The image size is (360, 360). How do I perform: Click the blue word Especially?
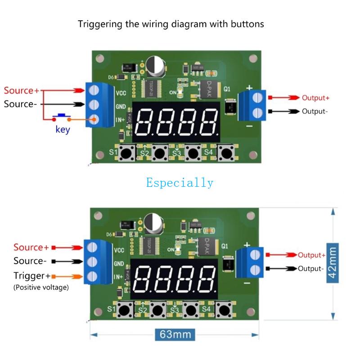pyautogui.click(x=180, y=182)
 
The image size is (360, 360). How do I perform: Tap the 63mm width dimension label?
pyautogui.click(x=175, y=334)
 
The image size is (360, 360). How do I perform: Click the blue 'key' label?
pyautogui.click(x=63, y=130)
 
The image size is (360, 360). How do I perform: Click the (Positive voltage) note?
pyautogui.click(x=41, y=287)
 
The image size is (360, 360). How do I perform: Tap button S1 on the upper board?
pyautogui.click(x=127, y=153)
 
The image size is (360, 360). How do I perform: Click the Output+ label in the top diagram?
pyautogui.click(x=315, y=98)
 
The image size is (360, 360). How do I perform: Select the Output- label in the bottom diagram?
pyautogui.click(x=310, y=269)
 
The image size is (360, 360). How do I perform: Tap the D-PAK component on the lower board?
pyautogui.click(x=205, y=246)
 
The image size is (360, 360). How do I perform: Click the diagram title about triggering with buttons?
pyautogui.click(x=171, y=24)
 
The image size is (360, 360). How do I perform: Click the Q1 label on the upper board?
pyautogui.click(x=227, y=89)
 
